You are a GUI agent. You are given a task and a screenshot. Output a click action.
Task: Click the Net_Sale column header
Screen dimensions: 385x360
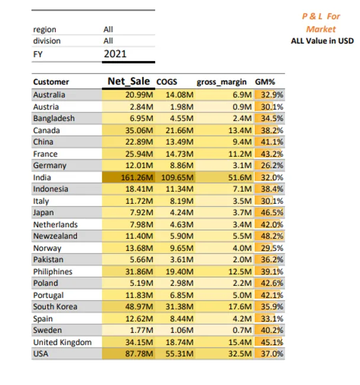click(x=128, y=82)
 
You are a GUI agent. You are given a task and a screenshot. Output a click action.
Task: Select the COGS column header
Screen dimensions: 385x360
click(x=166, y=82)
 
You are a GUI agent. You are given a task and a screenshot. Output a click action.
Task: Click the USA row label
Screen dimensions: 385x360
click(x=42, y=354)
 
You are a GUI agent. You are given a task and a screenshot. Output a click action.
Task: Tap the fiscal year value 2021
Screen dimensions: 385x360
click(x=115, y=54)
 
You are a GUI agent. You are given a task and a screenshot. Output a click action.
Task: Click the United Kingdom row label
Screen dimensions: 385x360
click(x=62, y=342)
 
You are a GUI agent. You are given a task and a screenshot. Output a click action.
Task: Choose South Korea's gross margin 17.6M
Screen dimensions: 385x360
click(x=240, y=307)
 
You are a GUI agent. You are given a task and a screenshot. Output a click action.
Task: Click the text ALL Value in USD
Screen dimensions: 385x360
click(x=322, y=41)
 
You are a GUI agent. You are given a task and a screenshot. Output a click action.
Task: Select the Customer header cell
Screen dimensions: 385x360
click(x=51, y=82)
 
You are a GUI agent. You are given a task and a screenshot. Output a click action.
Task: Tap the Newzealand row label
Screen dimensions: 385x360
click(x=55, y=236)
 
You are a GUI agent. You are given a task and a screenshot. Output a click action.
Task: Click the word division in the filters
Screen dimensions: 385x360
click(x=47, y=41)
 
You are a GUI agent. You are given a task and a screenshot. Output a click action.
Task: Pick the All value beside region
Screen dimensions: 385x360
click(x=108, y=29)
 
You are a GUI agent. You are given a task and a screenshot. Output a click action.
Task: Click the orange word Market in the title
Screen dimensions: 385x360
click(x=321, y=29)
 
